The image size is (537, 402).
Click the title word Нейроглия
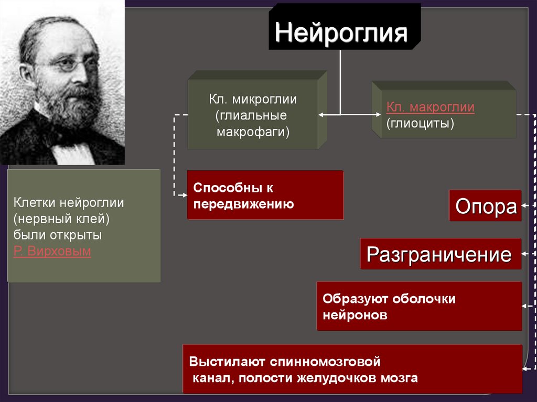tap(341, 32)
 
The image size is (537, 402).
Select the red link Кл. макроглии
tap(430, 107)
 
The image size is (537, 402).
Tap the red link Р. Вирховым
tap(52, 251)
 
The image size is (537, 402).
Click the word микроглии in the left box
tap(265, 99)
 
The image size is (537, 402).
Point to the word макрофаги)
tap(253, 132)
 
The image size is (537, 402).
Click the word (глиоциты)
tap(420, 123)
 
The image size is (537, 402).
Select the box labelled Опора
tap(485, 206)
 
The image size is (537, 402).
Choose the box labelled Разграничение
tap(441, 254)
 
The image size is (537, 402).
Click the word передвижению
tap(243, 204)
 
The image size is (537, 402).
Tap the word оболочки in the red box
tap(424, 299)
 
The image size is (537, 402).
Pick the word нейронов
tap(355, 314)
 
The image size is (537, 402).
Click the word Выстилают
tap(227, 362)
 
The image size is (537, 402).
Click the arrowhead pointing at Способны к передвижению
tap(185, 195)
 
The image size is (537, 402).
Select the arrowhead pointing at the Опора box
tap(524, 206)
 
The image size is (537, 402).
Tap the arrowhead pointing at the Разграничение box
tap(524, 254)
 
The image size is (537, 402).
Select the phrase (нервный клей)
tap(61, 219)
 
